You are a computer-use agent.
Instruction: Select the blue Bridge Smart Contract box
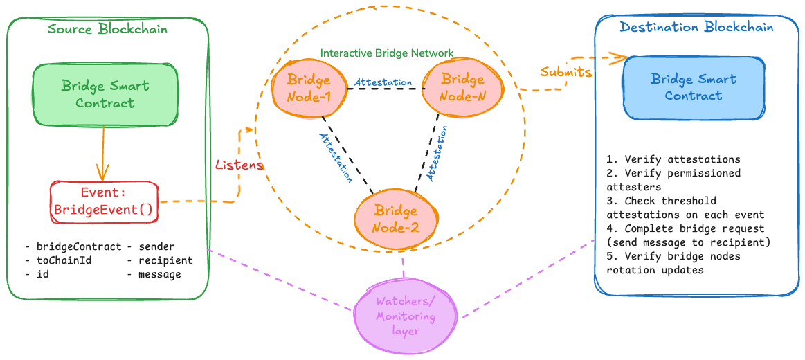coord(694,87)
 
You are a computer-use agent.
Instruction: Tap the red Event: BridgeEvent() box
coord(103,201)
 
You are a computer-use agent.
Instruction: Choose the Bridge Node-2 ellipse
coord(396,218)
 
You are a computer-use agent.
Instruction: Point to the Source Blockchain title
coord(107,29)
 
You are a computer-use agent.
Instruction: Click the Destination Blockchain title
coord(696,27)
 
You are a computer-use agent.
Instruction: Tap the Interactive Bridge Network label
coord(387,53)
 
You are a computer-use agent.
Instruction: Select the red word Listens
coord(239,165)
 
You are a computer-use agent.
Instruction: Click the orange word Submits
coord(566,71)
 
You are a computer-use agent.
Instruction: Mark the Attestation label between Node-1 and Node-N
coord(383,82)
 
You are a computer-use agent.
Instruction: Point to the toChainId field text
coord(64,260)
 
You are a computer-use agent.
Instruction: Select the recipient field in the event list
coord(165,260)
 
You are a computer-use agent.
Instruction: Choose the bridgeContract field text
coord(78,246)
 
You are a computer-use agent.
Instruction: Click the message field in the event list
coord(159,274)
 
